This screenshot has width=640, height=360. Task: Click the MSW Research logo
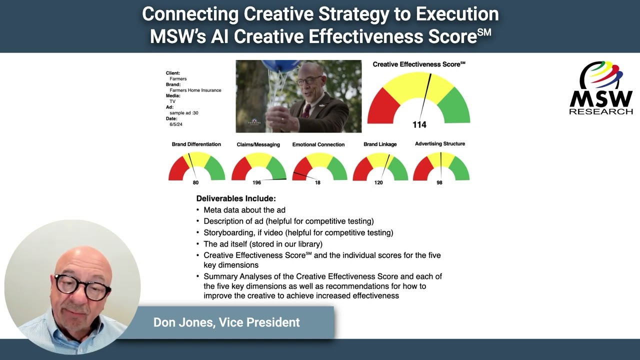click(601, 88)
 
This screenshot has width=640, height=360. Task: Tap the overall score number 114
click(419, 124)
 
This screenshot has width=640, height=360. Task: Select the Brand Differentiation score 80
click(195, 182)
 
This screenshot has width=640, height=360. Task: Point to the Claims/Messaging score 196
click(256, 182)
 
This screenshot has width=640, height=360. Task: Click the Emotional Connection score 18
click(317, 182)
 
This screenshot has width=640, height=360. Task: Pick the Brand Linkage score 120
click(378, 182)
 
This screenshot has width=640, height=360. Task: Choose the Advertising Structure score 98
click(439, 182)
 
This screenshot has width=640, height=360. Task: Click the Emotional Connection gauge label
click(318, 144)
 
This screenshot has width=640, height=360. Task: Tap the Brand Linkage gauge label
click(380, 144)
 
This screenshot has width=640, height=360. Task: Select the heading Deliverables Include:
click(235, 198)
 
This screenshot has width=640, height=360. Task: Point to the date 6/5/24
click(176, 124)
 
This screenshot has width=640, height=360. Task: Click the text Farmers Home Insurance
click(195, 90)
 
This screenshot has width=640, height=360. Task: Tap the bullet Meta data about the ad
click(244, 210)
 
